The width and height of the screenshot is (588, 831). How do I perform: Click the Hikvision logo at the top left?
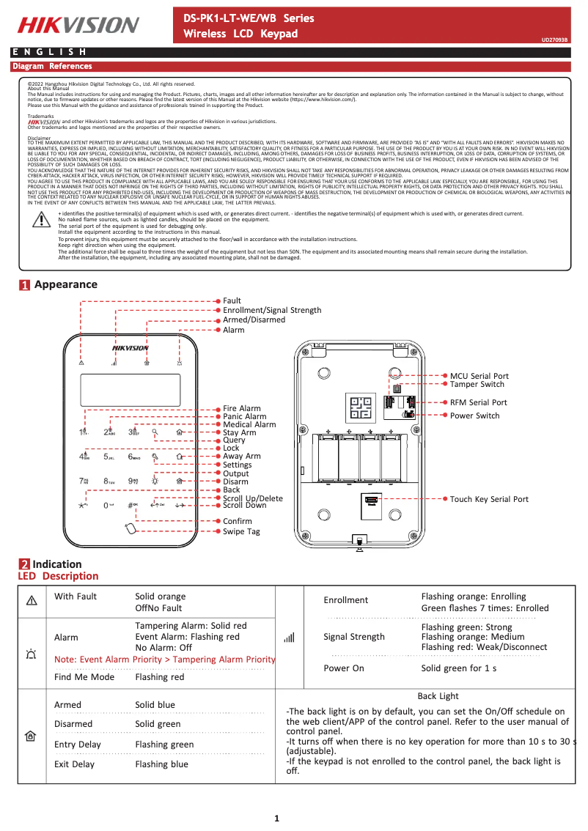(x=78, y=25)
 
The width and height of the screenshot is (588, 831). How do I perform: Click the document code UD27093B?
(x=554, y=40)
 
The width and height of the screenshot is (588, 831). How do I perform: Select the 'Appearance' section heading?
(x=65, y=284)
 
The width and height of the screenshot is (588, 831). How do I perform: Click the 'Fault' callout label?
(x=232, y=301)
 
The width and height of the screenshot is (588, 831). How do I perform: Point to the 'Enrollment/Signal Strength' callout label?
(x=272, y=311)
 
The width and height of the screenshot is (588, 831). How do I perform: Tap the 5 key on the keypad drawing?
(x=109, y=457)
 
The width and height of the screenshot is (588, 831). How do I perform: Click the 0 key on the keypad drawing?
(x=108, y=505)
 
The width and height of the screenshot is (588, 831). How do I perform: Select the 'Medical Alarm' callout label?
(x=249, y=425)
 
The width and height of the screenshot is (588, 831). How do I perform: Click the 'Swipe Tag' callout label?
(x=241, y=532)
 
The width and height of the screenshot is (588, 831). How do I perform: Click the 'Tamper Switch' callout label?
(x=477, y=384)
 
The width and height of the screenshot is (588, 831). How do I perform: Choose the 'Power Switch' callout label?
(x=474, y=415)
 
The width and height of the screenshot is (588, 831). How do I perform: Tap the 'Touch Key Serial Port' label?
(x=489, y=499)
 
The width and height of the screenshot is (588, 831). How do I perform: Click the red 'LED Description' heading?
(x=58, y=576)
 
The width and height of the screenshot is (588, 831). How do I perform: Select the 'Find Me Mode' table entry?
(x=84, y=677)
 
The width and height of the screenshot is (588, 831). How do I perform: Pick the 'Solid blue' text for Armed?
(x=155, y=705)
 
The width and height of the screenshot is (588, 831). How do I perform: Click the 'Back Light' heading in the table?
(x=438, y=696)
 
